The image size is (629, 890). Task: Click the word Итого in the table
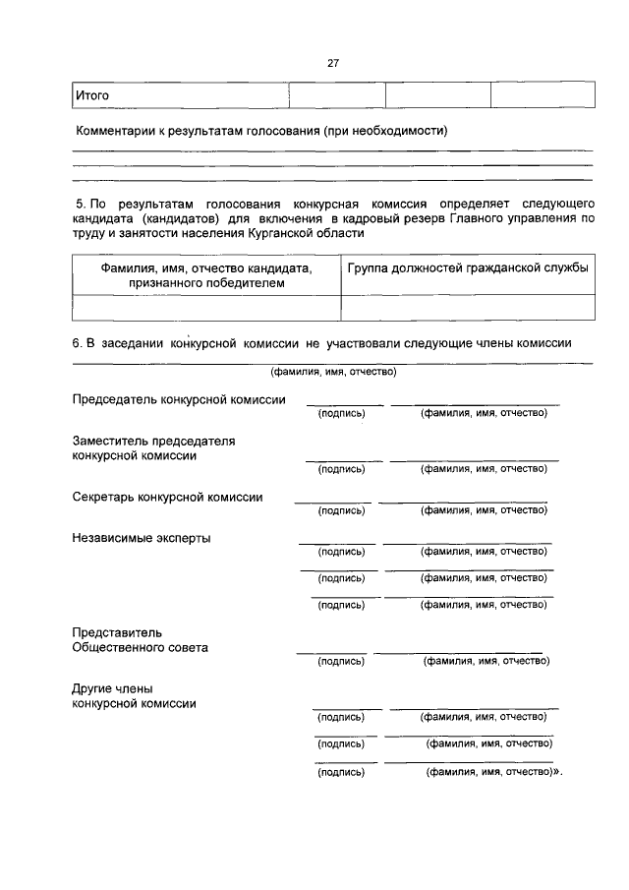(92, 95)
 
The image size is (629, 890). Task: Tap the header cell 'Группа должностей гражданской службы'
(468, 268)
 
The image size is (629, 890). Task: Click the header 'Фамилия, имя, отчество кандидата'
(206, 268)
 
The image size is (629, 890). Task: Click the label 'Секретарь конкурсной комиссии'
(167, 498)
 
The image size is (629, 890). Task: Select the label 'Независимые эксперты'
(141, 538)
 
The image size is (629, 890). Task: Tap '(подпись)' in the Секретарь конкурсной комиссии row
(341, 510)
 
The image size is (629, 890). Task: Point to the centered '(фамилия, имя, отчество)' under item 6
(333, 373)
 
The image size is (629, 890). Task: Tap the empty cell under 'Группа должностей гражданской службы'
(468, 307)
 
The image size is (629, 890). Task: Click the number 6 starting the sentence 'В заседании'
(76, 342)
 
